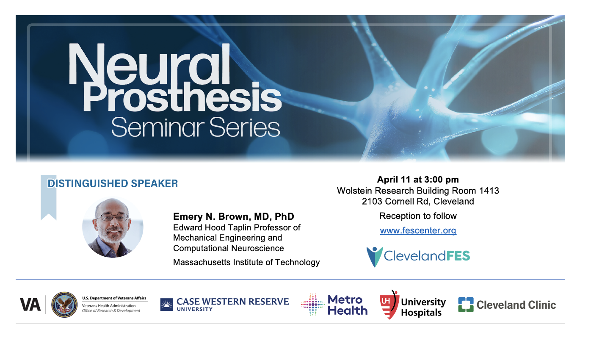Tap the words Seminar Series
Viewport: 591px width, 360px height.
coord(196,127)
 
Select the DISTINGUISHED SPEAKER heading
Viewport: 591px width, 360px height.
coord(113,183)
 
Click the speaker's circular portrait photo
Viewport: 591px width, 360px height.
coord(113,227)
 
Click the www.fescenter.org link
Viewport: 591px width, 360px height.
coord(418,230)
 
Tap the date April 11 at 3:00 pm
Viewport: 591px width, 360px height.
coord(418,180)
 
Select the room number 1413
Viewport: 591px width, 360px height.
coord(489,191)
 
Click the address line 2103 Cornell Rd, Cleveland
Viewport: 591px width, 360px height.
coord(418,201)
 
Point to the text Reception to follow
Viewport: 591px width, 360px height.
coord(418,216)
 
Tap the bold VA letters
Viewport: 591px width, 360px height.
coord(30,305)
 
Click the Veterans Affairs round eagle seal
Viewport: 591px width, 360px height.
coord(64,305)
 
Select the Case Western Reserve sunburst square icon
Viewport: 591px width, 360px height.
coord(166,305)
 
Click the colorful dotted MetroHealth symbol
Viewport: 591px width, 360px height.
coord(313,305)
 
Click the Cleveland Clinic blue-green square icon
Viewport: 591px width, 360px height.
coord(466,305)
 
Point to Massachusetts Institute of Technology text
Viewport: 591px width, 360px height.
coord(246,262)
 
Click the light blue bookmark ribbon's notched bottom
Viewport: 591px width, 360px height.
coord(49,217)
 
